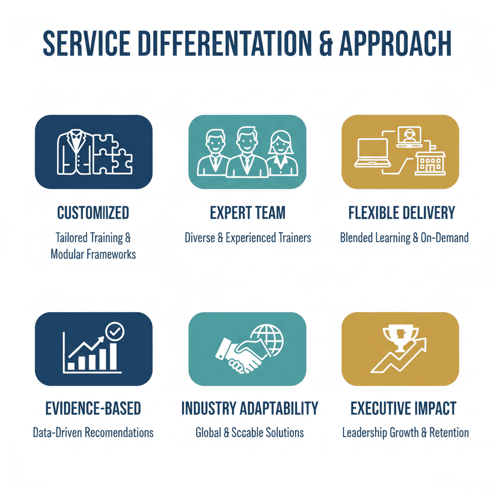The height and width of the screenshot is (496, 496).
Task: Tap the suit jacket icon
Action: [x=75, y=152]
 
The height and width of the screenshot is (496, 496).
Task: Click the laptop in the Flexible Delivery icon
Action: [x=373, y=153]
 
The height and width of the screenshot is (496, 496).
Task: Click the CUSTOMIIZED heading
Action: [x=93, y=213]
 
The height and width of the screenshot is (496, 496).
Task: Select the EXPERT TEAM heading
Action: [x=248, y=213]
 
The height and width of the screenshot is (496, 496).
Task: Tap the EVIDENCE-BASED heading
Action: [x=93, y=408]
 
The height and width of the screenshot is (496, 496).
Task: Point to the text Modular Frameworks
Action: [x=93, y=254]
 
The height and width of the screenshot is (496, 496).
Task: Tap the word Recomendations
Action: [x=119, y=433]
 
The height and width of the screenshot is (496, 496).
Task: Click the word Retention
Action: [x=449, y=433]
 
